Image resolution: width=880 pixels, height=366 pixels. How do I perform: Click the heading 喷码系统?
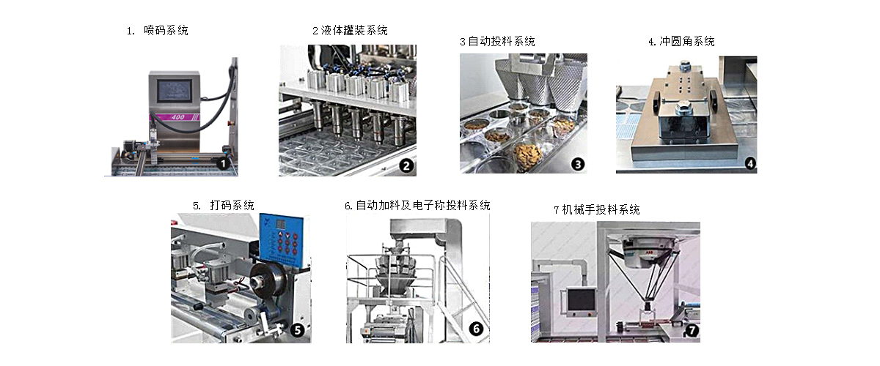point(166,30)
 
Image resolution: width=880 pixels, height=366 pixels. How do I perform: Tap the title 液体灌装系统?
point(354,30)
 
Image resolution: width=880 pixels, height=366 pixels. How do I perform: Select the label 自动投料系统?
point(502,41)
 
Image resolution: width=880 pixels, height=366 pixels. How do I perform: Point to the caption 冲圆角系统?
point(687,41)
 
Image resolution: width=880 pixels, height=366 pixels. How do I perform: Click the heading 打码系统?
point(232,205)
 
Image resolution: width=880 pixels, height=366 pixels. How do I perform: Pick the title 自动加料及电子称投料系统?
point(423,205)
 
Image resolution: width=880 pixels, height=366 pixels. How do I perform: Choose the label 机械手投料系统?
point(601,209)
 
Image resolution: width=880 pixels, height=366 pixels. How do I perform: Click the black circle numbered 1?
point(223,163)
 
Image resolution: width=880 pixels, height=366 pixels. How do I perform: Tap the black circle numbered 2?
point(406,165)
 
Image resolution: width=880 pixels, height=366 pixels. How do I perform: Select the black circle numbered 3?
point(578,165)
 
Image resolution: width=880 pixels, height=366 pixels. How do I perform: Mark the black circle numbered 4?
point(750,163)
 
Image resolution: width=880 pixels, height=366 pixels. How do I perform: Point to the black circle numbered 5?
point(298,330)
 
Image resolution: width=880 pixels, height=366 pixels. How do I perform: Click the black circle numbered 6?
point(476,329)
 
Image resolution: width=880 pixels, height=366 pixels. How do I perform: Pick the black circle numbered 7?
point(692,330)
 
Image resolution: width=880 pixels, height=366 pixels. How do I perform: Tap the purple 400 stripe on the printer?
point(175,117)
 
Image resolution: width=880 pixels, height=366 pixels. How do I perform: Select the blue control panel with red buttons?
point(282,239)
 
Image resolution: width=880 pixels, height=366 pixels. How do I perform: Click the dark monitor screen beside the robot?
point(582,300)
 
